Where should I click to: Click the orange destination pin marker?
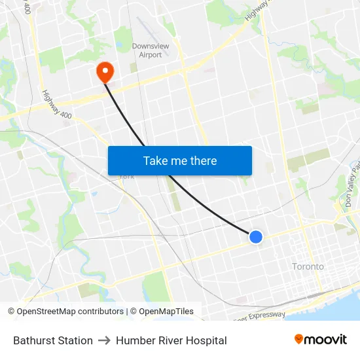click(x=105, y=71)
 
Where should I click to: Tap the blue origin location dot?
click(x=256, y=237)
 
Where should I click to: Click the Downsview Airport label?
click(x=151, y=50)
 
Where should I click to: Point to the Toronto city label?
click(x=308, y=266)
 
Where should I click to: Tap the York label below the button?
click(x=126, y=176)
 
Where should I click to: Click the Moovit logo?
click(x=321, y=339)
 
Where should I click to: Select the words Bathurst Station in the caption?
click(x=53, y=340)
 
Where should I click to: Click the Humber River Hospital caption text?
click(x=171, y=340)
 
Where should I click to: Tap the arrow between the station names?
click(x=104, y=340)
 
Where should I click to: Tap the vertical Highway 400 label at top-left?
click(x=26, y=8)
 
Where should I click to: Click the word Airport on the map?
click(x=151, y=55)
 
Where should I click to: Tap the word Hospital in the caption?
click(x=206, y=340)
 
